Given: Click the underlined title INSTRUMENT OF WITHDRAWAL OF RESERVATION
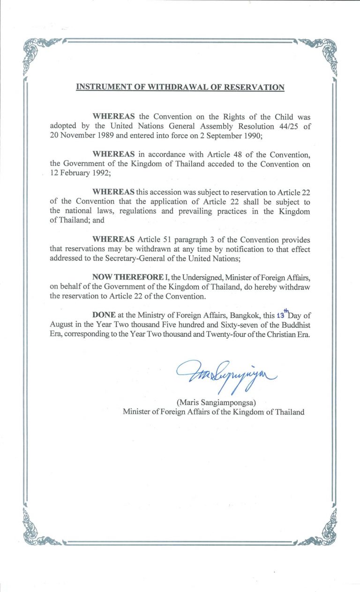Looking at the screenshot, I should [180, 87].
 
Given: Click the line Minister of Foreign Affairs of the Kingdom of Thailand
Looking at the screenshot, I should [214, 412].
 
